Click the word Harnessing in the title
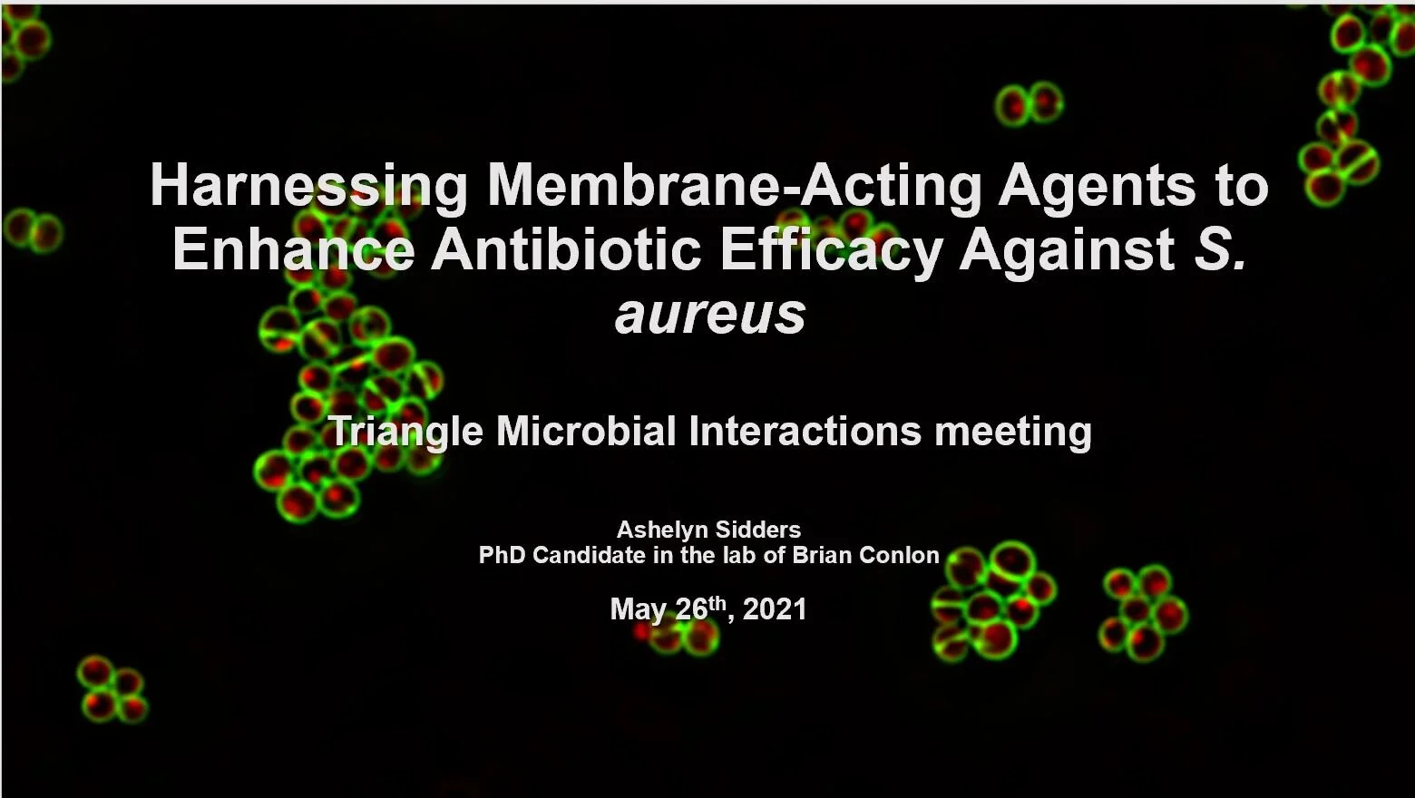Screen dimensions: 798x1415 pos(308,186)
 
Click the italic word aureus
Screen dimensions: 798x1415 pos(710,315)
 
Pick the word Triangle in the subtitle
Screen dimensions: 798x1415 pos(405,432)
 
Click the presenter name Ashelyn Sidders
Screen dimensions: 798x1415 pos(708,530)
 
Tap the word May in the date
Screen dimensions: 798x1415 pos(638,608)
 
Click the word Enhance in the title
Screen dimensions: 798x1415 pos(293,249)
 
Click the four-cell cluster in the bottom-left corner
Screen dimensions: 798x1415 pos(112,689)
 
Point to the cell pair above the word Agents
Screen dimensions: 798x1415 pos(1029,103)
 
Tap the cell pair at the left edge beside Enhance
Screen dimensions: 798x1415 pos(33,230)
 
